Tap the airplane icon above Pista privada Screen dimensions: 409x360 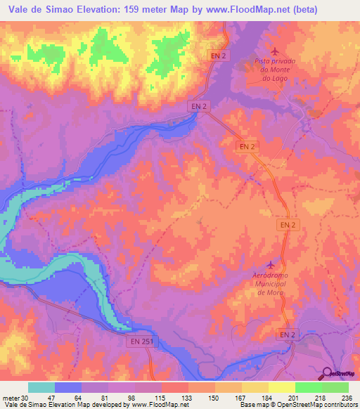(x=274, y=51)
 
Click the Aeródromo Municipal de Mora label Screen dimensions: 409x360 (x=271, y=283)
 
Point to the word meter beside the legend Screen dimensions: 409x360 (x=10, y=396)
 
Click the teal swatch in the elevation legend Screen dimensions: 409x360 (x=41, y=387)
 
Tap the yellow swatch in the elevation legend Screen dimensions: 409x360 (x=281, y=387)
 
